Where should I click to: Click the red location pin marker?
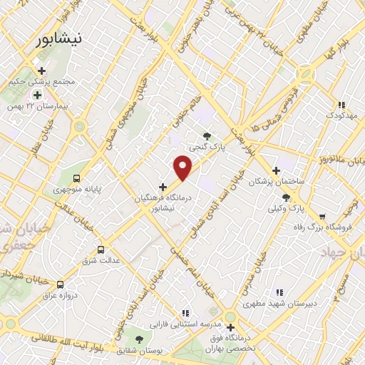(183, 167)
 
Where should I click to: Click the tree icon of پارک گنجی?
(207, 135)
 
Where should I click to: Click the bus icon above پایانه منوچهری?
(77, 179)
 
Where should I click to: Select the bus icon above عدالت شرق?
(101, 250)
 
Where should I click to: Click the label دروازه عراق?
(59, 294)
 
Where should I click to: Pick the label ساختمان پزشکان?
(276, 182)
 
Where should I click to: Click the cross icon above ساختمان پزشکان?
(275, 170)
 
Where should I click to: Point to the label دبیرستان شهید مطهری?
(279, 303)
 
